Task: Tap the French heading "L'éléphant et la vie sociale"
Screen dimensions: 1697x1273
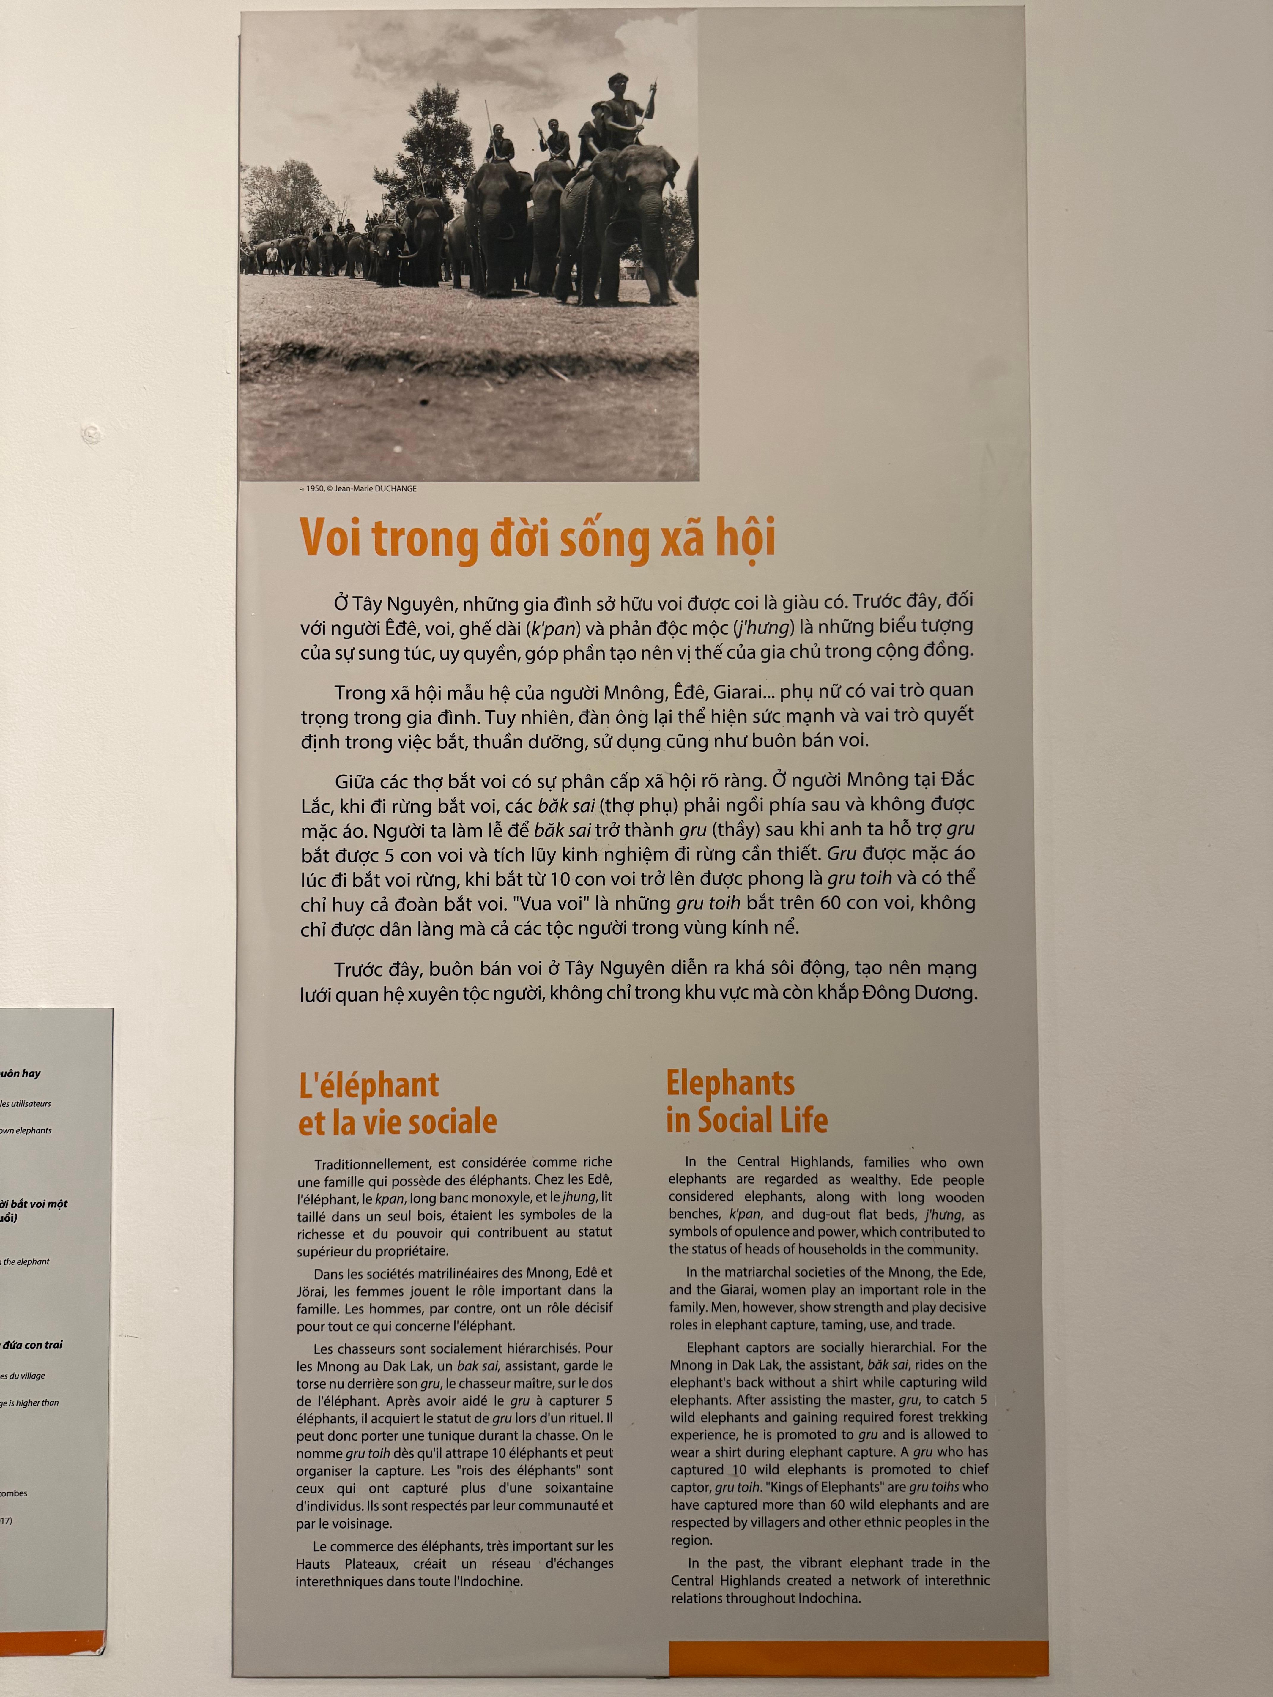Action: pos(398,1103)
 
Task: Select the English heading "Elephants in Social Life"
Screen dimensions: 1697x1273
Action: pos(747,1102)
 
